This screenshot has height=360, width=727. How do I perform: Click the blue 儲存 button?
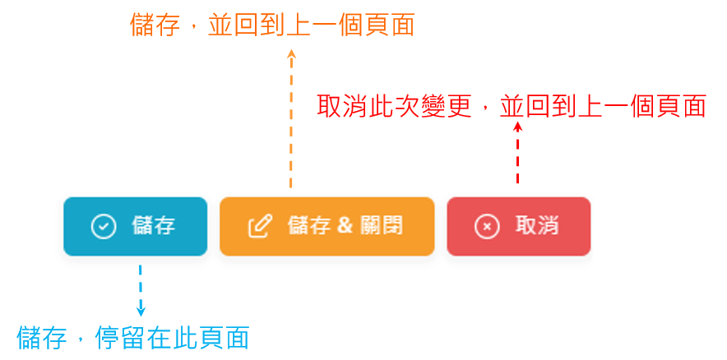135,226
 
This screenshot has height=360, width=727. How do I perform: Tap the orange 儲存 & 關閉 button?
326,226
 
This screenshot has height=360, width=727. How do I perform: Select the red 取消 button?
518,226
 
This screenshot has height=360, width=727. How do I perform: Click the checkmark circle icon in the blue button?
104,226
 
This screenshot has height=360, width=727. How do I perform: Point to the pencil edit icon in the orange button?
260,226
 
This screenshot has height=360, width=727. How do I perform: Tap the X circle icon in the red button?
487,226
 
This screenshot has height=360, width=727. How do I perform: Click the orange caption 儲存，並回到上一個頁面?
272,25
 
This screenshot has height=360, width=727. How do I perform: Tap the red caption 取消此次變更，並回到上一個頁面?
512,106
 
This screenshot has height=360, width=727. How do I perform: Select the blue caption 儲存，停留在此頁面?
133,338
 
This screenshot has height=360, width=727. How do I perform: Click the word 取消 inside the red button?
537,226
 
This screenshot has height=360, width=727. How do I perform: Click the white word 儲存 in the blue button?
154,226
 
